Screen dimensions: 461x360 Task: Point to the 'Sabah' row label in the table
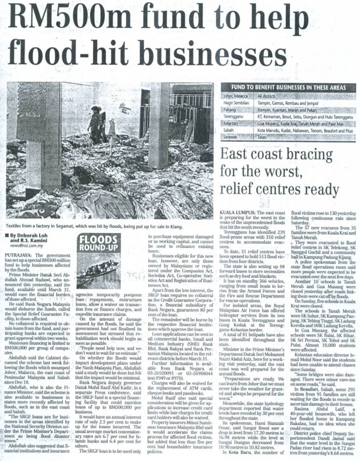pyautogui.click(x=229, y=131)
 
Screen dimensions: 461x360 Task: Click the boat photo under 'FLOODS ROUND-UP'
pyautogui.click(x=99, y=269)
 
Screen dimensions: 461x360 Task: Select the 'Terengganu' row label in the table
pyautogui.click(x=233, y=117)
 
